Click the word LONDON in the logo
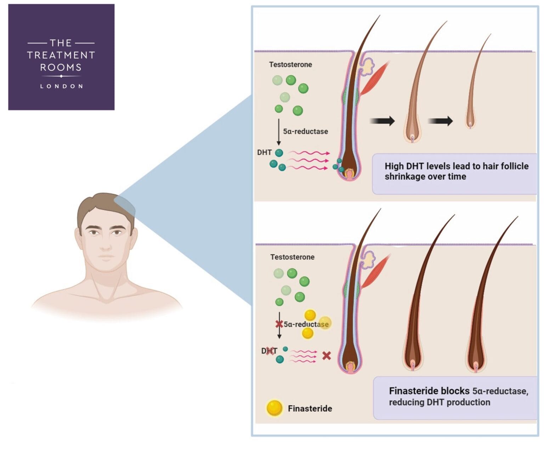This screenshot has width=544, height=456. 61,86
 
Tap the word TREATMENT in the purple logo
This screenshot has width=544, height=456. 61,55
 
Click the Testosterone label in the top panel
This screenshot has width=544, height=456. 290,64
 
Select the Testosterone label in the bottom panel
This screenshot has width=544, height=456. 292,257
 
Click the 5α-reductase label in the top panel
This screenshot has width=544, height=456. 305,131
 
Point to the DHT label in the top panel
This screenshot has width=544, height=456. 264,153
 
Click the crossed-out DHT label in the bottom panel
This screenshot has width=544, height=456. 269,351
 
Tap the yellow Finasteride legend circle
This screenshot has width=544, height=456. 274,408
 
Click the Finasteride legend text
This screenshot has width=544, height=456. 310,409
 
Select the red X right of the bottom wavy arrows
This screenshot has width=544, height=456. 327,355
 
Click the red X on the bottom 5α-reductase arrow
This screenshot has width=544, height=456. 279,324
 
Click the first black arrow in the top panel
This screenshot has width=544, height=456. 382,121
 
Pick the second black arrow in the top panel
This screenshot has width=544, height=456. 441,121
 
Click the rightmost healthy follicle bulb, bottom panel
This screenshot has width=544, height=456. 475,365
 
